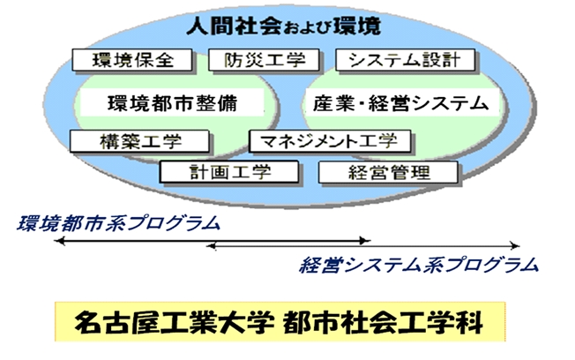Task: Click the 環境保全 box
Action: coord(132,60)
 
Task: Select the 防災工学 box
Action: coord(264,60)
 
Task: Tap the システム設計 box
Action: coord(405,60)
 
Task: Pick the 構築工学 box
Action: coord(139,141)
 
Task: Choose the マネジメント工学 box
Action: coord(330,141)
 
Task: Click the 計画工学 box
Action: coord(229,172)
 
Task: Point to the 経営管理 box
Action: coord(388,172)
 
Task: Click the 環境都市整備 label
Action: coord(172,103)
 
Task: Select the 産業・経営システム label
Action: coord(400,103)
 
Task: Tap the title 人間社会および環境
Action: coord(283,26)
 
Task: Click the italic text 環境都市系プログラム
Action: coord(118,223)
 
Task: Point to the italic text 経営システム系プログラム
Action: coord(419,265)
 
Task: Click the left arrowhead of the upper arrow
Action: coord(59,241)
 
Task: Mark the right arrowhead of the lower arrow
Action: coord(515,245)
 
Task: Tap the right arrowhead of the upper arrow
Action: coord(365,241)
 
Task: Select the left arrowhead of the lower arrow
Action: coord(212,245)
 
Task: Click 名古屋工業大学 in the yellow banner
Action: coord(175,323)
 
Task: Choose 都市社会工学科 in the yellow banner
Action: coord(383,323)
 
